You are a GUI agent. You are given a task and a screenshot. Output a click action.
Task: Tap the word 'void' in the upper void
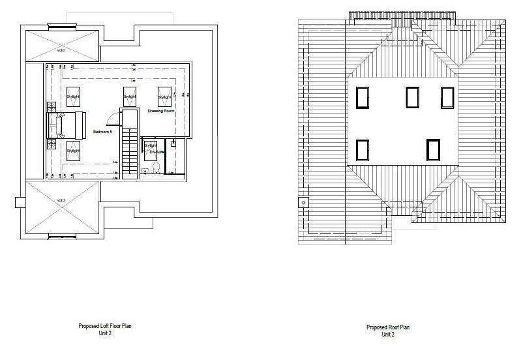click(x=61, y=48)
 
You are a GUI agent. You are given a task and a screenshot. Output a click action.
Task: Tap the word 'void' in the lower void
click(x=61, y=200)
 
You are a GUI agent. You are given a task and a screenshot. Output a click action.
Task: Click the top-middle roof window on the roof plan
click(x=412, y=97)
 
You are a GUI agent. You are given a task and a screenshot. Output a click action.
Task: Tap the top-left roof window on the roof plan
click(x=363, y=97)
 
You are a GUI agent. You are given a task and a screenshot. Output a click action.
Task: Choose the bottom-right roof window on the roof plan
click(x=433, y=149)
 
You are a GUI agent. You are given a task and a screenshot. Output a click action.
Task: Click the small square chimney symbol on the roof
click(x=302, y=202)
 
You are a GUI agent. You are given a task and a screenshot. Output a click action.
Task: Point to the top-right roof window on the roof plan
click(x=447, y=98)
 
